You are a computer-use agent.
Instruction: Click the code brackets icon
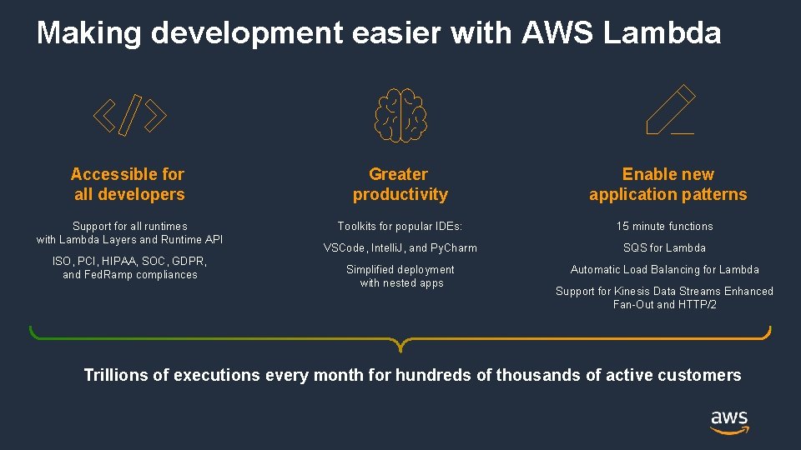point(129,116)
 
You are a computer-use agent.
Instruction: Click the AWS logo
point(729,422)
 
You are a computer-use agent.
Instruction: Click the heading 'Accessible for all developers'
point(128,184)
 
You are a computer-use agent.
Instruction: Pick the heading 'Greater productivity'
point(400,184)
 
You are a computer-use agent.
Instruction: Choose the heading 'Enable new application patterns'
point(668,184)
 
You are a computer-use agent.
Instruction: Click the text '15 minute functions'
point(665,227)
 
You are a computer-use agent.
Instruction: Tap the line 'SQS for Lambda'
point(665,248)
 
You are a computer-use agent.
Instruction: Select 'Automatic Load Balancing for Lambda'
point(665,270)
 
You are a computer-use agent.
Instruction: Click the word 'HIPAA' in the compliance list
point(119,262)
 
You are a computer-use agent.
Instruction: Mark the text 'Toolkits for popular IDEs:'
point(400,227)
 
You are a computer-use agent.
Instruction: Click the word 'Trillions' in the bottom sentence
point(117,375)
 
